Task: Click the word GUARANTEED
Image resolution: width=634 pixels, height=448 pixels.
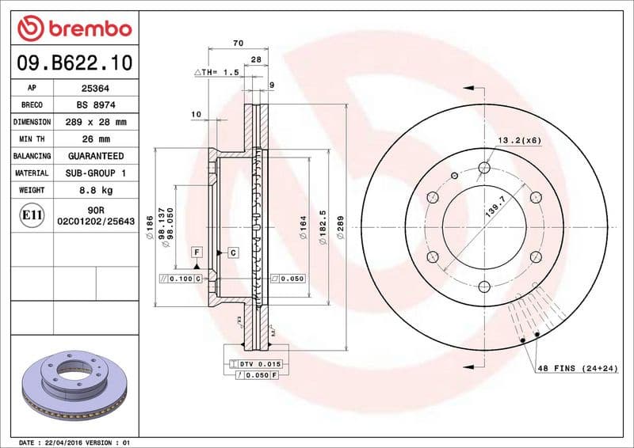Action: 95,156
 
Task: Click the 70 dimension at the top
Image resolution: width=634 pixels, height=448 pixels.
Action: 238,43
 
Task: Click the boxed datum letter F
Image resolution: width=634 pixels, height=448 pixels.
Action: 195,252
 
